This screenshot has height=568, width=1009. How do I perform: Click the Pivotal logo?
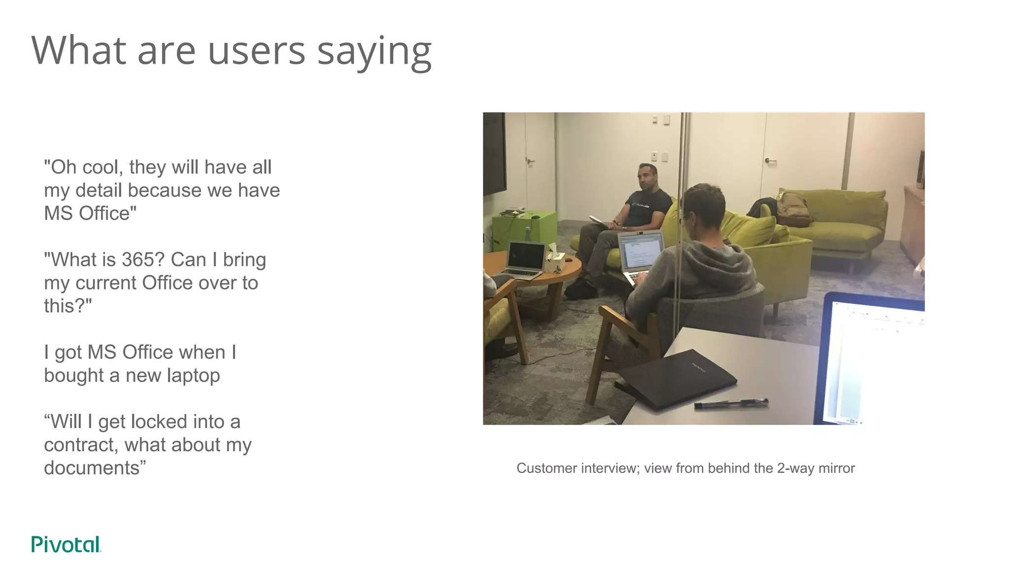click(x=66, y=544)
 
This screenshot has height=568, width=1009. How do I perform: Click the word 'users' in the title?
click(x=256, y=51)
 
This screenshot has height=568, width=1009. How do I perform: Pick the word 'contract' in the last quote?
click(x=81, y=445)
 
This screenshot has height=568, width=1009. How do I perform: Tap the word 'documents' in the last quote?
click(x=92, y=468)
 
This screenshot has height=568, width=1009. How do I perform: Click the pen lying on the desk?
click(x=731, y=404)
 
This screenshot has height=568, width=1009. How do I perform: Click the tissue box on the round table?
click(x=554, y=260)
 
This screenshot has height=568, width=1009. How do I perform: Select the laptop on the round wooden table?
click(x=524, y=259)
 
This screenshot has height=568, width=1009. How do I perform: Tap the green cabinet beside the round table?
click(x=524, y=229)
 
